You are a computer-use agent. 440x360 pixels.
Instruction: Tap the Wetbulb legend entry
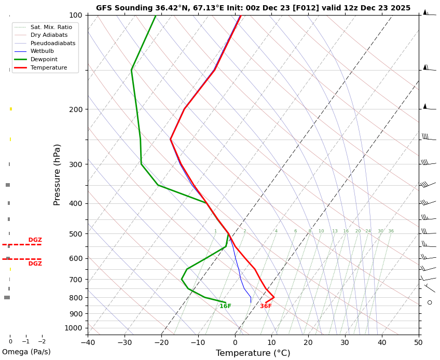coord(42,51)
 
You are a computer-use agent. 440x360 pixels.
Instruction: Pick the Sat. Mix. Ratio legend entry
coord(51,27)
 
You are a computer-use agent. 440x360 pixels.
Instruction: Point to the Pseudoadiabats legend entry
coord(53,44)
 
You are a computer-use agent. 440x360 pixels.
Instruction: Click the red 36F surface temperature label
coord(266,307)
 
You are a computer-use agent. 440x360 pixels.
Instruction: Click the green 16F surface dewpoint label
coord(225,307)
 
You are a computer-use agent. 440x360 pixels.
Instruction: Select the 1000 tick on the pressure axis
coord(74,328)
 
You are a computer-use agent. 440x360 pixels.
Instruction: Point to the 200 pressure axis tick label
coord(76,109)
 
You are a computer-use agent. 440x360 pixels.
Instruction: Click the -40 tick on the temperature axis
coord(88,342)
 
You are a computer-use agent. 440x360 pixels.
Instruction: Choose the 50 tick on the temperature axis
coord(419,342)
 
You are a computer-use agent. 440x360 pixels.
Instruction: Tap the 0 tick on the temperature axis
coord(235,342)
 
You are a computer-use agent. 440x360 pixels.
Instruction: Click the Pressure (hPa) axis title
coord(57,174)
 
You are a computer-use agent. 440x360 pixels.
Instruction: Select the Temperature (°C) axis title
coord(253,353)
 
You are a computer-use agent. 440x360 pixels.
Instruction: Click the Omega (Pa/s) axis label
coord(26,352)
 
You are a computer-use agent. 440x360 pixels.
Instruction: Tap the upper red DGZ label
coord(35,240)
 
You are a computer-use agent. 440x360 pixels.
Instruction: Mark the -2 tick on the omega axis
coord(42,341)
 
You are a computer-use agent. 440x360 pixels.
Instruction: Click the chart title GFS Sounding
coord(253,8)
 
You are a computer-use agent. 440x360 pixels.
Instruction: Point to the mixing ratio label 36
coord(391,231)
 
